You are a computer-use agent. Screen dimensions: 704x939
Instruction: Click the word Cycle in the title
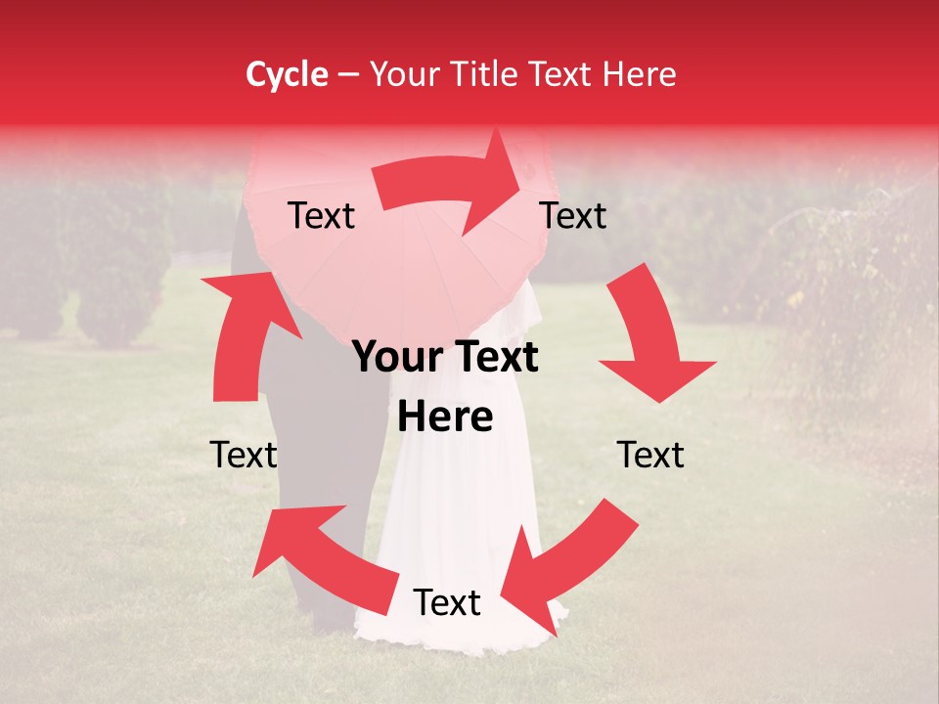click(x=287, y=74)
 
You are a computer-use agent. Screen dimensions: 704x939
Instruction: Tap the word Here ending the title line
click(x=640, y=74)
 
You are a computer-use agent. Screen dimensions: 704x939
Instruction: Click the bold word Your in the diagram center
click(x=395, y=358)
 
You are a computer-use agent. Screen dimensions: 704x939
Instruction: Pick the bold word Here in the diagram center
click(x=445, y=418)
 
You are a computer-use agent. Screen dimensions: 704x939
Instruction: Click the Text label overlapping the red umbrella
click(x=321, y=216)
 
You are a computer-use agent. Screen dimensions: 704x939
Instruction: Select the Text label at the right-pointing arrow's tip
click(x=573, y=216)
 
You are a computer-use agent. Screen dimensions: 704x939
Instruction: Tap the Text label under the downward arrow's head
click(x=650, y=455)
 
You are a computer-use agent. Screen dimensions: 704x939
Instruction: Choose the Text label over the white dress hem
click(x=447, y=603)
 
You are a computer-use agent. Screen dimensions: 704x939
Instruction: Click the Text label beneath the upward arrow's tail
click(x=244, y=455)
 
